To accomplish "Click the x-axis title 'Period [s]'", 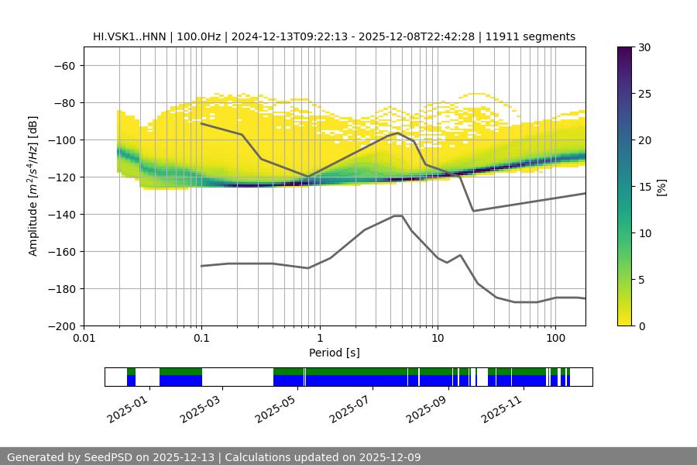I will pos(335,353).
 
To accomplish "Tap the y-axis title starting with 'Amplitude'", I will pos(33,186).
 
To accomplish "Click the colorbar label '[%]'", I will pos(661,186).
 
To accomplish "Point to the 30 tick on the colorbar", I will pos(644,47).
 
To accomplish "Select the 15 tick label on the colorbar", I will pos(644,187).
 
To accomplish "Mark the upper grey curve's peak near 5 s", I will pos(398,133).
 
